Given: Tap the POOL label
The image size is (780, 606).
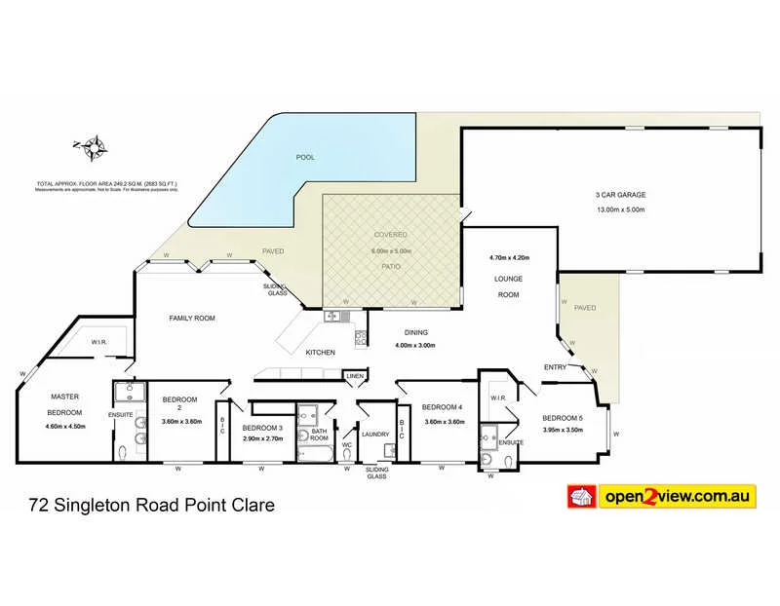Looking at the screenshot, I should coord(305,157).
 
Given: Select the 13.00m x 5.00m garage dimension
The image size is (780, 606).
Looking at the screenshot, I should coord(620,208).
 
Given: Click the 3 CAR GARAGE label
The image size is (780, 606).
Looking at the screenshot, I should coord(620,195).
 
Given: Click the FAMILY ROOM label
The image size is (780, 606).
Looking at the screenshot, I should coord(191,319).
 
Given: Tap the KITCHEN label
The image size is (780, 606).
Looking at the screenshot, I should coord(321,352).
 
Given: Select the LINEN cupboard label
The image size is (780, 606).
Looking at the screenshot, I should coord(354,376).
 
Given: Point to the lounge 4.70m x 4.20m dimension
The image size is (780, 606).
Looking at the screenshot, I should coord(509,258).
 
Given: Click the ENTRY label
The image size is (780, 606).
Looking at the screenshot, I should coord(556,366).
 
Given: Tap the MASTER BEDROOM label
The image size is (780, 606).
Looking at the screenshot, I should coord(65,404).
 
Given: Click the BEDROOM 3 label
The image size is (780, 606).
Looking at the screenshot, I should coord(262,428).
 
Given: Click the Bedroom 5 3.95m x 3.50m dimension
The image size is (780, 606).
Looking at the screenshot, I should coord(563,430).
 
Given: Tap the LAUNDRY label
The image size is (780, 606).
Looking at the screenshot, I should coord(375,435).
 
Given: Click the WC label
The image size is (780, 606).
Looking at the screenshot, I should coord(346,445).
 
